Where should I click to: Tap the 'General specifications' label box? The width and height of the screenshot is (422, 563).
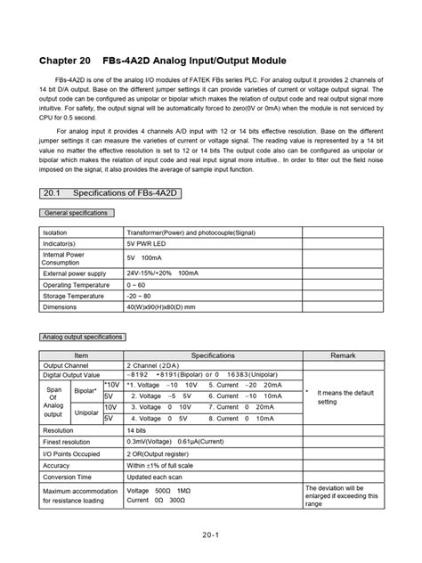(76, 214)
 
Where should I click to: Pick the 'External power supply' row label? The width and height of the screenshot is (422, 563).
(75, 273)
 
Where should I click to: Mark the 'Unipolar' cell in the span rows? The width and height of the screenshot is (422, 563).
(86, 412)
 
